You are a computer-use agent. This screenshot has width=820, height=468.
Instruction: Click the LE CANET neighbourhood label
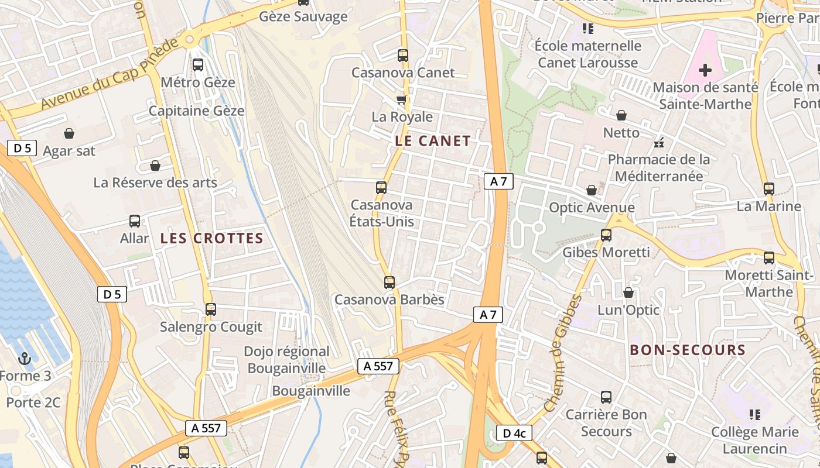433,141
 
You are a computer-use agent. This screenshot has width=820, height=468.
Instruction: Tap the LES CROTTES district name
211,239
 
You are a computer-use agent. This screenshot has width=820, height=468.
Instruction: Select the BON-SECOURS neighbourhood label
687,350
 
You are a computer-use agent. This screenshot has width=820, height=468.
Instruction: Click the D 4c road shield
514,433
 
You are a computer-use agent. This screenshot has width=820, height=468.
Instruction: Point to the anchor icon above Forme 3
25,359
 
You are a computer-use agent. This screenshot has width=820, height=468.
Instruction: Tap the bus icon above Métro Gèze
198,65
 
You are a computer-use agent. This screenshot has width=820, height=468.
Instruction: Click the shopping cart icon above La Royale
402,99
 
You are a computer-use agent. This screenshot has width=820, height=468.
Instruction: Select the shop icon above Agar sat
69,133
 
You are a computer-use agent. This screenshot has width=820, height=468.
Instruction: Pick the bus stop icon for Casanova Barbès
389,283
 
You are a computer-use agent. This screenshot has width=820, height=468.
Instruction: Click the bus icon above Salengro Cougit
211,309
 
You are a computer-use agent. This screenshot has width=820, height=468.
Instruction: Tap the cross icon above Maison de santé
705,71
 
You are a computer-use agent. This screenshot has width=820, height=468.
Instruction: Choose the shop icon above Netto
621,116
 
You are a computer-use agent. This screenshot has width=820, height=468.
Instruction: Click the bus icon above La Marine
769,189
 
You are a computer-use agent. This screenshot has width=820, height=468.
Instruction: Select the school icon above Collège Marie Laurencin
754,415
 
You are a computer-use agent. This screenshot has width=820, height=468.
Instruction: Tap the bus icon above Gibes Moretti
606,235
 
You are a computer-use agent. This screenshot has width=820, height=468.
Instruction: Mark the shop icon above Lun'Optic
628,292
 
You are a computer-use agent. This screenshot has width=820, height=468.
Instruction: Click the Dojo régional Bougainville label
286,360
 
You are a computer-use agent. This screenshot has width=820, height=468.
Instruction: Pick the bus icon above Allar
135,221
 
